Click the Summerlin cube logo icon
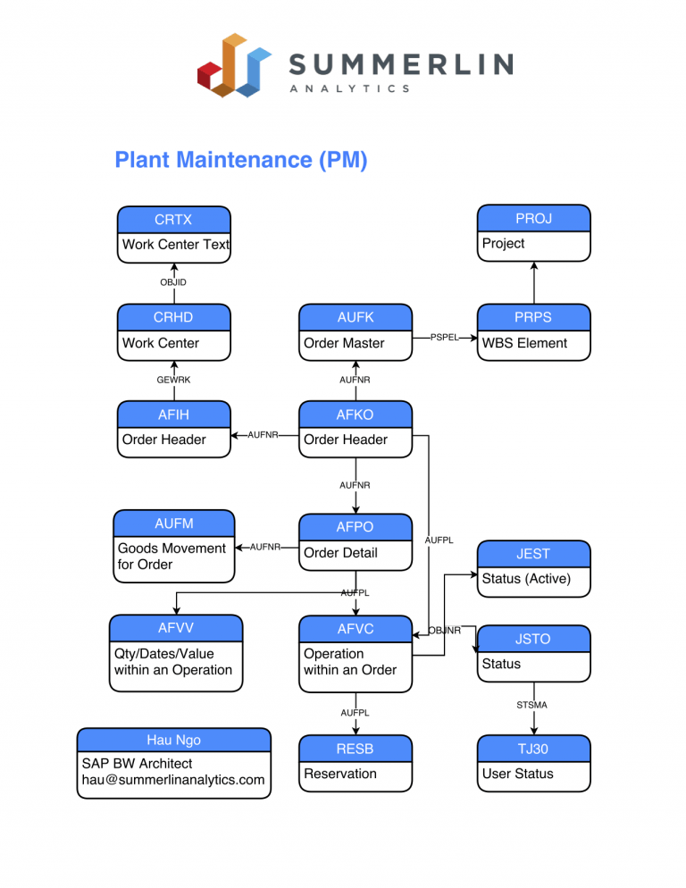tap(234, 64)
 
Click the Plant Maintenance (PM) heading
tap(241, 160)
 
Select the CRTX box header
tap(173, 220)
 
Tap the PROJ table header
tap(533, 219)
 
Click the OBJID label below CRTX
tap(173, 282)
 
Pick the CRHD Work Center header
tap(173, 317)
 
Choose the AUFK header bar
tap(356, 317)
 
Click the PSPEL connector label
tap(444, 338)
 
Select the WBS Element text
tap(524, 343)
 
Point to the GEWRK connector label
tap(173, 380)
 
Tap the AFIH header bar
tap(173, 415)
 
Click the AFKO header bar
tap(356, 415)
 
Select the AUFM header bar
tap(173, 524)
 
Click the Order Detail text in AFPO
tap(340, 553)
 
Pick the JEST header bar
tap(533, 554)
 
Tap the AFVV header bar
tap(176, 628)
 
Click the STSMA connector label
tap(532, 705)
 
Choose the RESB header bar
tap(356, 749)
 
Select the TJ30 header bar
tap(533, 749)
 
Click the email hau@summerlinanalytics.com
tap(173, 780)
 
